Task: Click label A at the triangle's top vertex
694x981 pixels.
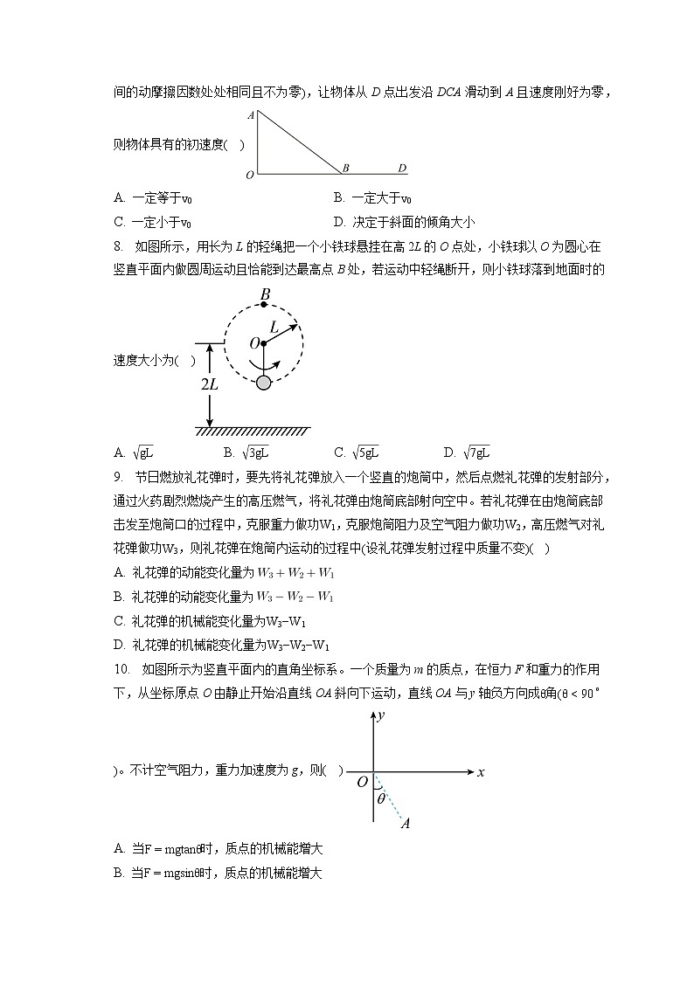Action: (x=250, y=115)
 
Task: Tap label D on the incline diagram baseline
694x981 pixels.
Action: (x=401, y=168)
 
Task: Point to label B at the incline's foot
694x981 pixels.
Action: (x=346, y=168)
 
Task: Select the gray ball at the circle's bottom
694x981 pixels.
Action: (x=263, y=382)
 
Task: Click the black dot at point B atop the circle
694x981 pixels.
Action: (x=264, y=305)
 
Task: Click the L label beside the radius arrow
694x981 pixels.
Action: (x=274, y=327)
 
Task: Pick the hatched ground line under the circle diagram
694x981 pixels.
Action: (x=253, y=432)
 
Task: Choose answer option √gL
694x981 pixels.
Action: (x=143, y=453)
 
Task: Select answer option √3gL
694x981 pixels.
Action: (x=254, y=453)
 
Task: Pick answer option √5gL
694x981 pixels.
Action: (x=364, y=453)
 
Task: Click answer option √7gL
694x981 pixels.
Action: (x=475, y=453)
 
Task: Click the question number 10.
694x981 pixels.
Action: (x=121, y=670)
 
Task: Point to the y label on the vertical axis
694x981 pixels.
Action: (x=381, y=717)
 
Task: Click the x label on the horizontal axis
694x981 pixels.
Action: (x=481, y=772)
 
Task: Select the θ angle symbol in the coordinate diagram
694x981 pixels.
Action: (x=379, y=797)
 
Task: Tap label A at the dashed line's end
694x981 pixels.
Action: (x=405, y=823)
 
